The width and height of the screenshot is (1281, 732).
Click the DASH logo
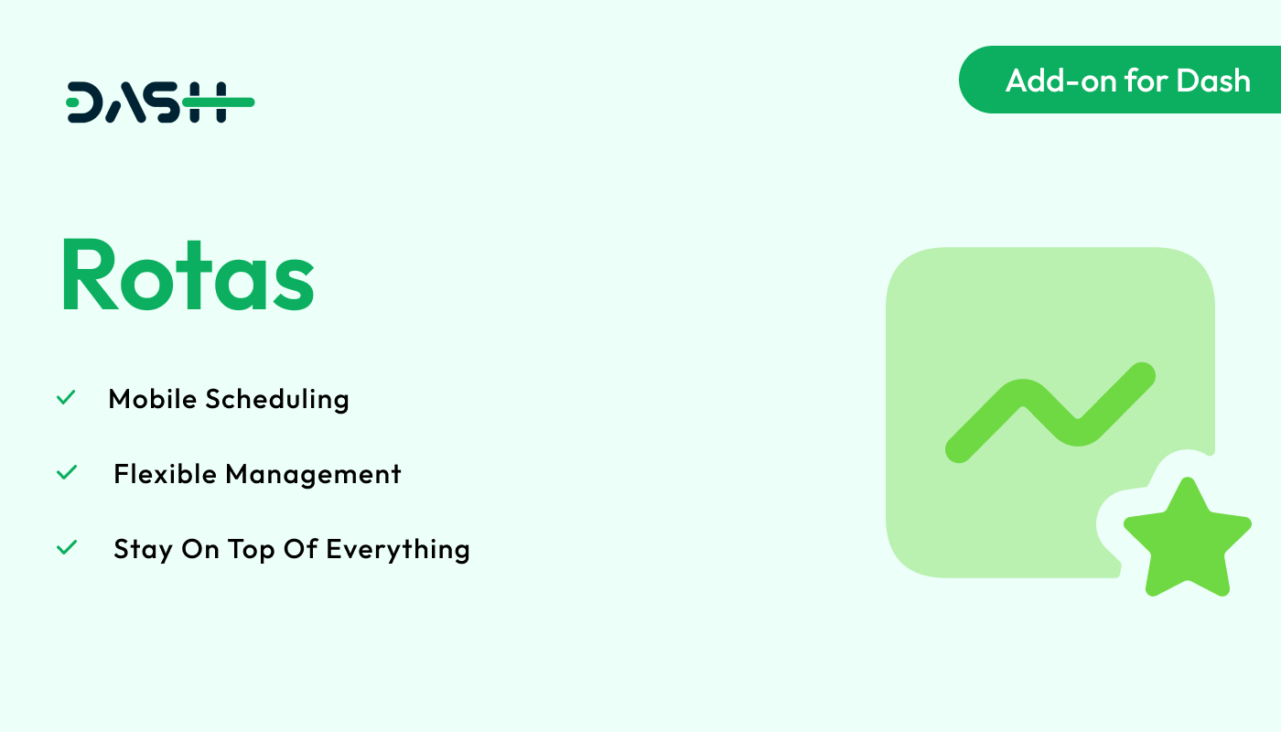160,102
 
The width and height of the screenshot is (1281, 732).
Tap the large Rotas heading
188,275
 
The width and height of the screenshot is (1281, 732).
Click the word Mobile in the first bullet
153,399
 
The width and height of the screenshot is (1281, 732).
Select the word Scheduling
277,399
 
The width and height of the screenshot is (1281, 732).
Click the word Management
313,475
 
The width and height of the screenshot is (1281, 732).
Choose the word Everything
398,550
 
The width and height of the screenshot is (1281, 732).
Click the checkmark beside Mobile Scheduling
66,397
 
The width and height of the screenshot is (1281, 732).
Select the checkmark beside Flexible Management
67,472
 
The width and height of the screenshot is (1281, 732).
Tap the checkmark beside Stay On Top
67,547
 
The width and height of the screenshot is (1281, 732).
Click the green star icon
1188,538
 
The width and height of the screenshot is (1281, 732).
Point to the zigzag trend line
1050,413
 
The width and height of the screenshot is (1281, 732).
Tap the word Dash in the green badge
1213,81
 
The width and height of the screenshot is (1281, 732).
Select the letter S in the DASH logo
162,102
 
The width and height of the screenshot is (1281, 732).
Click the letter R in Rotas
90,275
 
